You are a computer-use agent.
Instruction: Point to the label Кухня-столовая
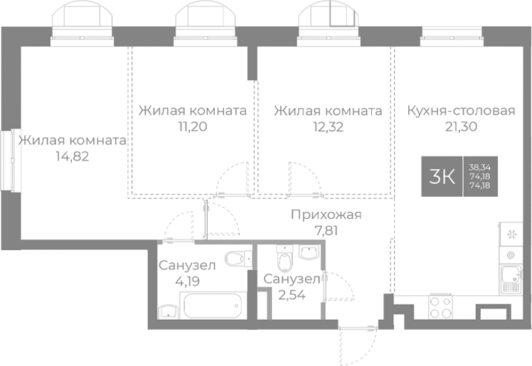461,111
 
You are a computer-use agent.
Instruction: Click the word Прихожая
326,215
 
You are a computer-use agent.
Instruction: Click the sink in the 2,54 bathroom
310,252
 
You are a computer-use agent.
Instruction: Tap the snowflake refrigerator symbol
510,234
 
